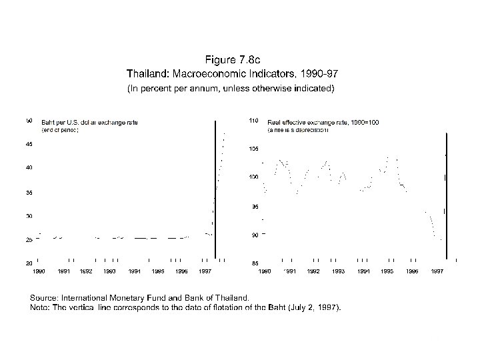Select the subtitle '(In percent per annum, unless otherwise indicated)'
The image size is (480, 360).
(x=231, y=88)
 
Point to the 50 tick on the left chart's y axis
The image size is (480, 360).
(x=29, y=121)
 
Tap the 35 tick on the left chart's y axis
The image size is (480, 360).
(x=29, y=193)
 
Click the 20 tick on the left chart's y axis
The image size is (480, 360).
(x=29, y=263)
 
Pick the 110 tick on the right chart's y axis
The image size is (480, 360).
(x=254, y=121)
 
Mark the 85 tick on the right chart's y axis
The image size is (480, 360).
(x=255, y=263)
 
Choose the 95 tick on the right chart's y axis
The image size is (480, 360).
(x=255, y=207)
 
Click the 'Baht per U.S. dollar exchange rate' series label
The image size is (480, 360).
(x=90, y=123)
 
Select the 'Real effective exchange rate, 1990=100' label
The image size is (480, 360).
(x=323, y=123)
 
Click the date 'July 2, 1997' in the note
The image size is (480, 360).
(x=314, y=307)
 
